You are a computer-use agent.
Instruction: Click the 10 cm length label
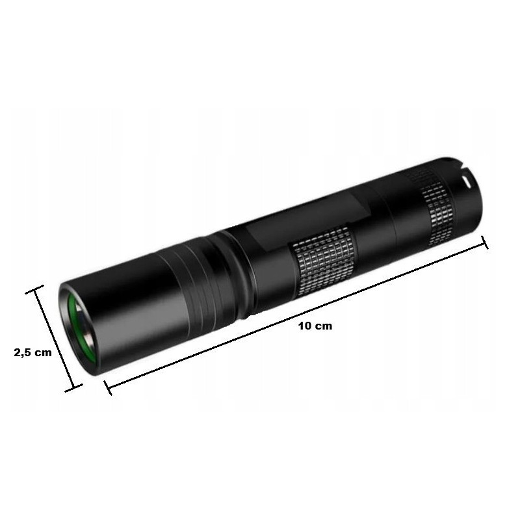pos(315,326)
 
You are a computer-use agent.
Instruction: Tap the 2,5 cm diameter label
pos(33,352)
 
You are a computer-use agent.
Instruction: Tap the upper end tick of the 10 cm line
pos(484,242)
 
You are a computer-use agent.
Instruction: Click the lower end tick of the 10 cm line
pos(108,387)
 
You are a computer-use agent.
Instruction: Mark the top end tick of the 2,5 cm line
pos(34,289)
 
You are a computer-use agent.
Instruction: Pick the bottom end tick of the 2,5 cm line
pos(73,388)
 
